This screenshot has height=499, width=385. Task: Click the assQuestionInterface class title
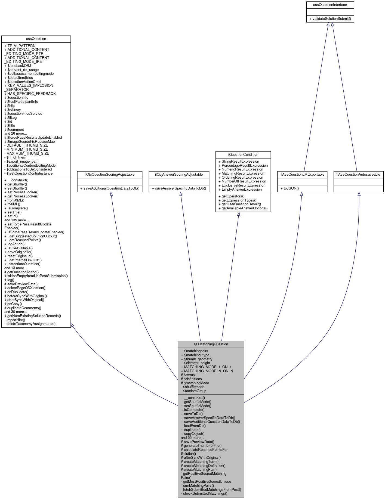[x=330, y=5]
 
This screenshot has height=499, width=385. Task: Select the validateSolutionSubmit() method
[x=330, y=19]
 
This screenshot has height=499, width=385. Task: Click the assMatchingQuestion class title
[x=211, y=344]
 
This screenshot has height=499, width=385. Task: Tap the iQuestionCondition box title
[x=243, y=154]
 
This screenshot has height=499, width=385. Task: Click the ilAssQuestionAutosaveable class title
[x=358, y=174]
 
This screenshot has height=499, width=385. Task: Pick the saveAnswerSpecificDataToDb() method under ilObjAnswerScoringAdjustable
[x=179, y=188]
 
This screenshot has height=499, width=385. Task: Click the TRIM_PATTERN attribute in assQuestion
[x=20, y=46]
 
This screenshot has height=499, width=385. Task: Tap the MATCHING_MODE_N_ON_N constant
[x=207, y=371]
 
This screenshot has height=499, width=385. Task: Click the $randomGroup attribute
[x=193, y=391]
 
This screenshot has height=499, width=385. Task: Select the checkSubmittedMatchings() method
[x=204, y=493]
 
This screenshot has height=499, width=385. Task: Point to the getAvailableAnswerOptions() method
[x=243, y=208]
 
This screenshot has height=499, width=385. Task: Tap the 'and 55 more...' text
[x=192, y=438]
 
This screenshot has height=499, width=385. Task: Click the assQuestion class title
[x=36, y=39]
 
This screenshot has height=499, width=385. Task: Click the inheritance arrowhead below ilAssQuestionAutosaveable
[x=359, y=194]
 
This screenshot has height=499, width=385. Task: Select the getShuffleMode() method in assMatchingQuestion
[x=196, y=402]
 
